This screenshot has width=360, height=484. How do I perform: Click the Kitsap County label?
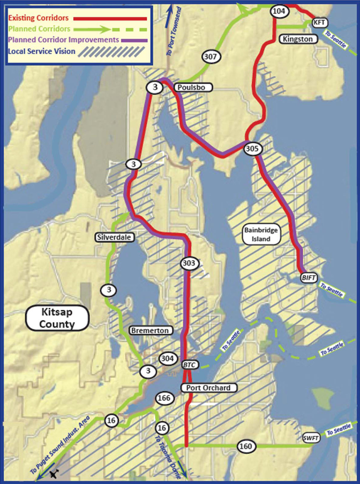click(57, 318)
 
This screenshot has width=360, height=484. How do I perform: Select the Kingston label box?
click(298, 39)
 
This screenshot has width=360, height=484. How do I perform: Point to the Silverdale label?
click(114, 237)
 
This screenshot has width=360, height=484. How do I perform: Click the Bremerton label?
click(150, 330)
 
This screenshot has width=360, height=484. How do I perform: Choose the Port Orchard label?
click(208, 388)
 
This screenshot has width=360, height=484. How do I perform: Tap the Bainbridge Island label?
click(261, 235)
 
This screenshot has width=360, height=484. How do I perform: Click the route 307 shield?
click(210, 56)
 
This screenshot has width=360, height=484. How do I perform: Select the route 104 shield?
click(279, 11)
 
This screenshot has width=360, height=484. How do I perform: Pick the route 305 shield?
click(252, 149)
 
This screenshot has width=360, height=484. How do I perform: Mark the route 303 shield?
click(189, 263)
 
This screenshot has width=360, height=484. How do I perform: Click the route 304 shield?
click(167, 358)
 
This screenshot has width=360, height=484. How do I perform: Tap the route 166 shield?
click(164, 398)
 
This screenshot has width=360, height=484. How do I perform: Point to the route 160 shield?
click(246, 446)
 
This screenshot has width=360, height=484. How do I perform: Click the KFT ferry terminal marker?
click(319, 22)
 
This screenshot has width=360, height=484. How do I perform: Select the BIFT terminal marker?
click(308, 278)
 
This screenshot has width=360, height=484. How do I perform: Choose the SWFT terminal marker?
click(310, 438)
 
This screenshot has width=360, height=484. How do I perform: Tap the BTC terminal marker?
click(189, 365)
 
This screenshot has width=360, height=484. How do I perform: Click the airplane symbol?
click(54, 474)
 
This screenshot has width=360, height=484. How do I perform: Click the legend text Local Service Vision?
click(42, 51)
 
